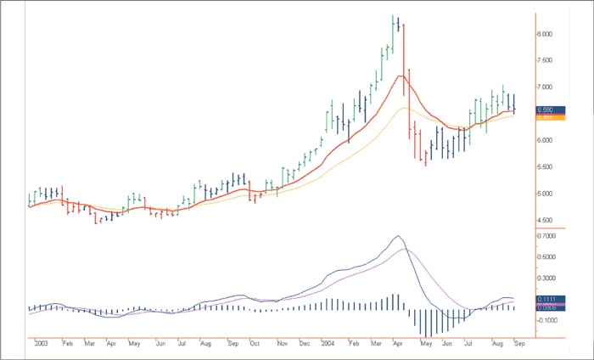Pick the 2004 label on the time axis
pyautogui.click(x=328, y=343)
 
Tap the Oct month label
pyautogui.click(x=255, y=343)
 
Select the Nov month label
pyautogui.click(x=282, y=343)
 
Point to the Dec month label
pyautogui.click(x=305, y=343)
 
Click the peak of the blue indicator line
pyautogui.click(x=397, y=236)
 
